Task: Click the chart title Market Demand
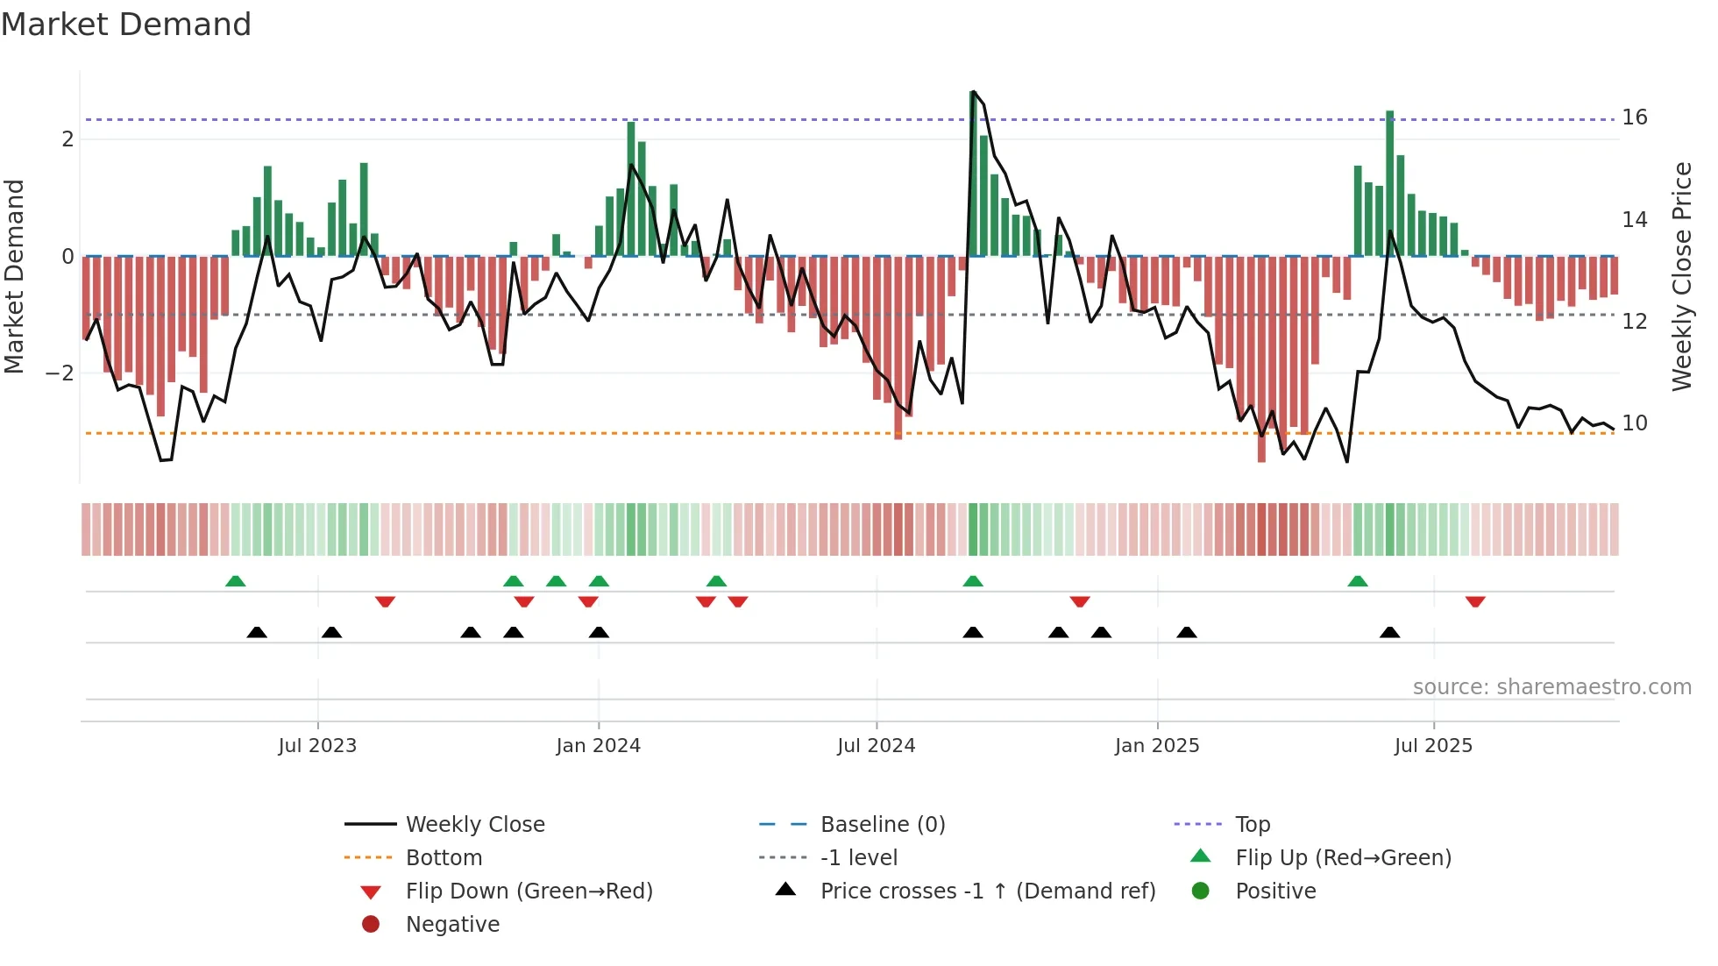pos(126,25)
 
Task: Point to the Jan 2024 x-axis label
pos(598,746)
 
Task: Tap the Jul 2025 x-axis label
pos(1433,746)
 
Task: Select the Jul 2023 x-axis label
pos(317,746)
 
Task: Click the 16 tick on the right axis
pos(1634,117)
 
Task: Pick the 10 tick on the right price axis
pos(1634,423)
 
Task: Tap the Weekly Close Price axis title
pos(1681,276)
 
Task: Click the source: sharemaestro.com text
pos(1551,687)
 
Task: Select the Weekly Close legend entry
pos(474,825)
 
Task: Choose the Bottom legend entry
pos(444,858)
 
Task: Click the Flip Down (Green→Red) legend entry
pos(529,891)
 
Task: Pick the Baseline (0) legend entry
pos(882,825)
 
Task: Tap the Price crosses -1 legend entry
pos(987,891)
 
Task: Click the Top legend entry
pos(1252,825)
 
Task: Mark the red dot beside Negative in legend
pos(371,925)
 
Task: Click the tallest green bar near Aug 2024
pos(973,175)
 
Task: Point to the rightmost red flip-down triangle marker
pos(1475,601)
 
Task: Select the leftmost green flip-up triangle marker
pos(235,581)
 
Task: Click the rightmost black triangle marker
pos(1389,632)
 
